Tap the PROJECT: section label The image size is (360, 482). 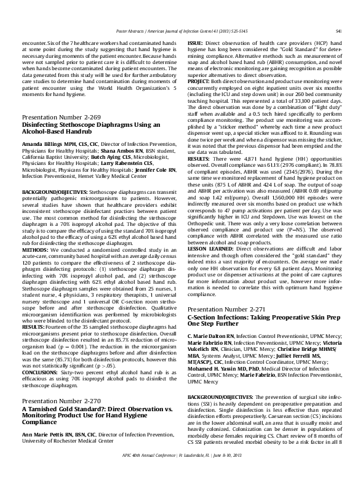point(199,81)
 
